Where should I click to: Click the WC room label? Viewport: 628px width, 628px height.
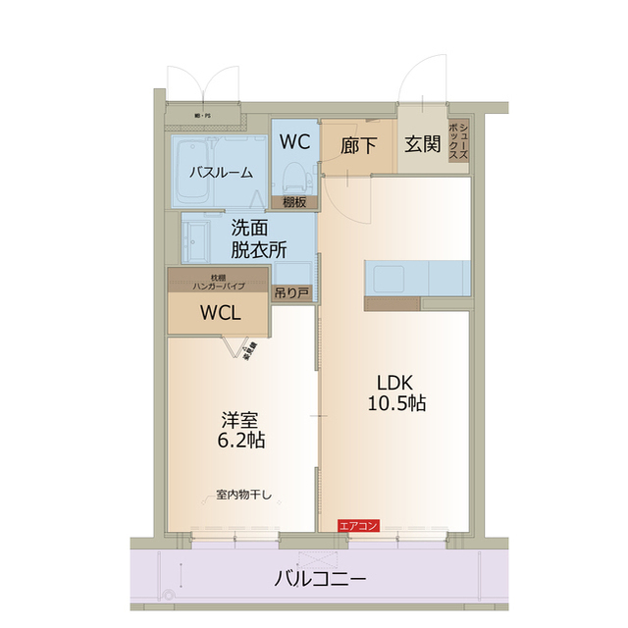coord(294,141)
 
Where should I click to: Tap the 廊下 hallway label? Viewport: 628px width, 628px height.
coord(358,146)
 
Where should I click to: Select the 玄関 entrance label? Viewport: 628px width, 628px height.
coord(423,144)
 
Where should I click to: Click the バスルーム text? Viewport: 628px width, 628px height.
coord(221,172)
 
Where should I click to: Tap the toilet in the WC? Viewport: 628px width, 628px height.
coord(292,177)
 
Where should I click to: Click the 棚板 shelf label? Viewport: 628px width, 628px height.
coord(294,202)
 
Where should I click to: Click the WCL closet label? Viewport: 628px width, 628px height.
coord(220,314)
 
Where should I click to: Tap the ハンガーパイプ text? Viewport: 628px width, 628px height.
coord(219,286)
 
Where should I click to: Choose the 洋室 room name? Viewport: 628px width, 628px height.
coord(239,418)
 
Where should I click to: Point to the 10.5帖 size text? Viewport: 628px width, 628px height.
coord(396,402)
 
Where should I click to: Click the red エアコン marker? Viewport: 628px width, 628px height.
coord(357,526)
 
